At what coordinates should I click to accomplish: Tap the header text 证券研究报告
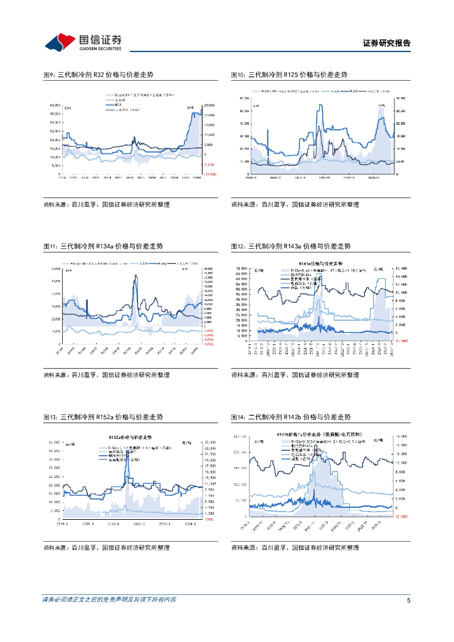387,43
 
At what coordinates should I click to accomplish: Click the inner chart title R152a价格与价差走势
130,436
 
